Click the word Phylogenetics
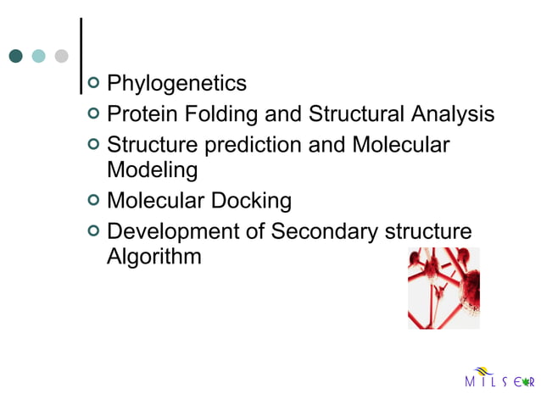point(176,84)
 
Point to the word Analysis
point(449,114)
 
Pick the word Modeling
point(152,170)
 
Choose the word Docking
point(252,201)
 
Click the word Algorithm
point(153,257)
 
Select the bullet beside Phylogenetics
point(93,83)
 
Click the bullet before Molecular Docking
point(93,200)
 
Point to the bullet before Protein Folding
point(93,114)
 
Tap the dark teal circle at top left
point(15,56)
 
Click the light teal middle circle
point(38,56)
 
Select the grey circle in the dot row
point(61,56)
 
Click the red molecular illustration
point(443,288)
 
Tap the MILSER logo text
point(499,382)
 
